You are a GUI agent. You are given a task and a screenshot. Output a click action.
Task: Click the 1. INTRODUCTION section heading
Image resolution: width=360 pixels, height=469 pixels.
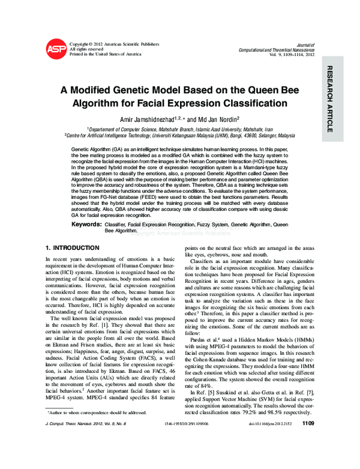[73, 247]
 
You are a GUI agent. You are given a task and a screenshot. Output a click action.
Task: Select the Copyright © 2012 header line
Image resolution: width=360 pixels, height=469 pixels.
[115, 44]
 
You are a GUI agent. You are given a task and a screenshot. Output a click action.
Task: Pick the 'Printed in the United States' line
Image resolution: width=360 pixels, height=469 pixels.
[106, 54]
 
